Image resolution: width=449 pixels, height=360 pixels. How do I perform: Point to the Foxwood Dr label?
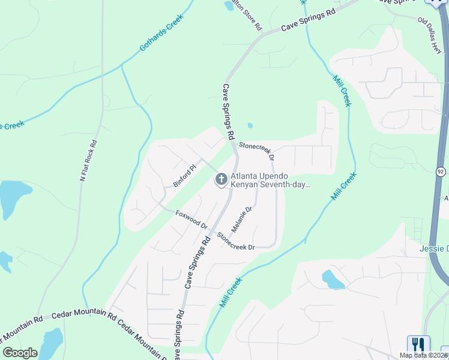coord(191,220)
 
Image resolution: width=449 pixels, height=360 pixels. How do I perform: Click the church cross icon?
coord(221,179)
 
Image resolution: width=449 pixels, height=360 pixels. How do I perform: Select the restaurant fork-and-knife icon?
coord(418,344)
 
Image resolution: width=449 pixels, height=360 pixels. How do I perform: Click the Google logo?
coord(20,352)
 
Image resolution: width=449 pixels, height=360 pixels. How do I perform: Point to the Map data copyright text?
coord(423,355)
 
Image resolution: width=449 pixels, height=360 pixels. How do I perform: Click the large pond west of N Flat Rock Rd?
coord(13,198)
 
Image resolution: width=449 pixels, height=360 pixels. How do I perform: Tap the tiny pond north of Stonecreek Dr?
coord(250,126)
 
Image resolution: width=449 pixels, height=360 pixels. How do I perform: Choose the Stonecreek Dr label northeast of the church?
coord(257,150)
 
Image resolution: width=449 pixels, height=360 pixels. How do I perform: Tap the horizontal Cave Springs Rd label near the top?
coord(309,21)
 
